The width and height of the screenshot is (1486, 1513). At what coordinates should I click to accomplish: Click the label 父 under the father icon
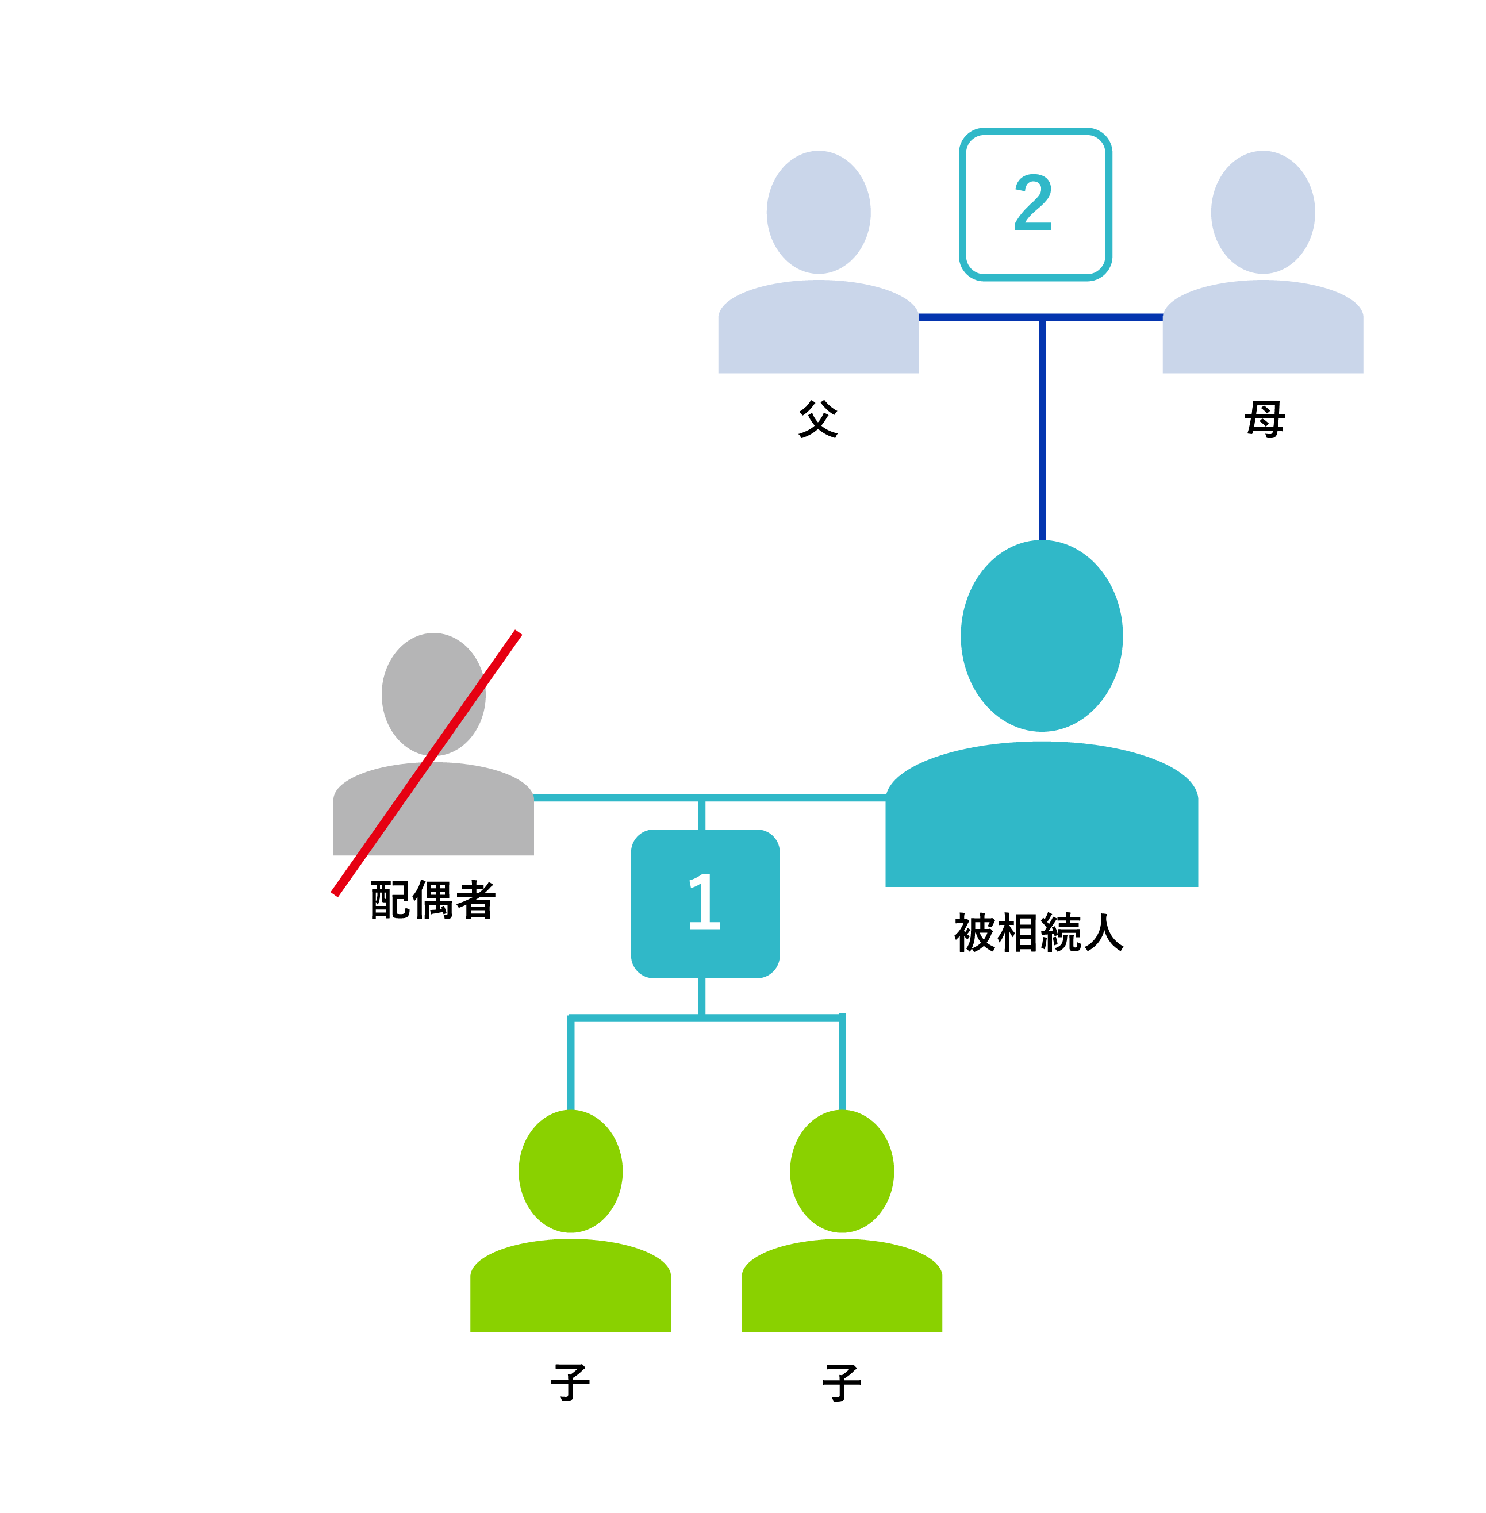click(x=818, y=419)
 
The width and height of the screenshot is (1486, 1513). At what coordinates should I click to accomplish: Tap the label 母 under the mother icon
click(x=1264, y=419)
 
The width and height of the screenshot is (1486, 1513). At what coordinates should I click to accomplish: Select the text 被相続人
click(x=1039, y=932)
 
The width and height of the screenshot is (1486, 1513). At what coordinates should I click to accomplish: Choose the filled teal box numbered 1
click(x=705, y=903)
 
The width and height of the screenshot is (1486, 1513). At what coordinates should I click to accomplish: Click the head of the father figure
click(x=818, y=212)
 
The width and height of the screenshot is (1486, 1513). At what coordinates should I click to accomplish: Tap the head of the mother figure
click(x=1263, y=212)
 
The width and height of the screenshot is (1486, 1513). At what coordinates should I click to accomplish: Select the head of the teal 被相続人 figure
click(x=1041, y=636)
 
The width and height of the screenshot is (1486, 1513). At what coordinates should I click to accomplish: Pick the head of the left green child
click(x=570, y=1170)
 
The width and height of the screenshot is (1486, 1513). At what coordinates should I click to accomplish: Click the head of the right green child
click(x=842, y=1170)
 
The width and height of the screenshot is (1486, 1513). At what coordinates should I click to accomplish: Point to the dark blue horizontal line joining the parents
click(x=976, y=317)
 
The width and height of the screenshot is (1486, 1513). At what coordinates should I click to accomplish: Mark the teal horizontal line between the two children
click(x=773, y=1017)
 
